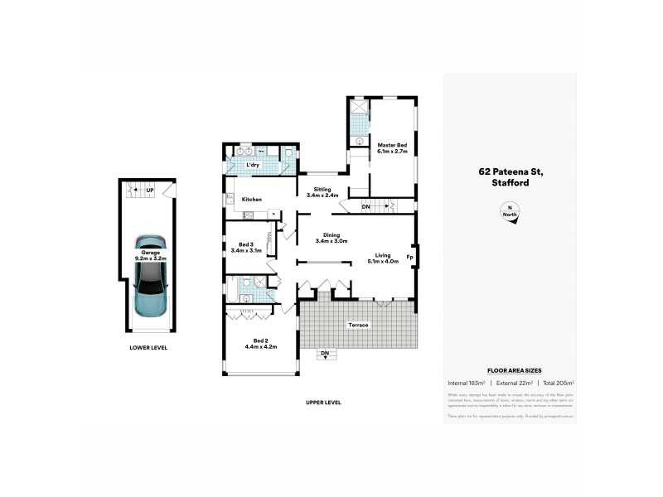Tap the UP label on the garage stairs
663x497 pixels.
tap(150, 191)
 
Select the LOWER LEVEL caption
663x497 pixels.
tap(149, 348)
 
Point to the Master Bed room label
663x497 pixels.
tap(392, 148)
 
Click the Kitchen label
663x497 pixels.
tap(252, 200)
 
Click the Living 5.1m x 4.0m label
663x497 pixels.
tap(382, 258)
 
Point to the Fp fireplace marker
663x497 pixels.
tap(409, 257)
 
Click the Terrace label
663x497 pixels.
tap(358, 325)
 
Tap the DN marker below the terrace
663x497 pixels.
tap(325, 354)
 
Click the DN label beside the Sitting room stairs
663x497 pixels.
tap(365, 205)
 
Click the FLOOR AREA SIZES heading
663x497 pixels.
tap(509, 371)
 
